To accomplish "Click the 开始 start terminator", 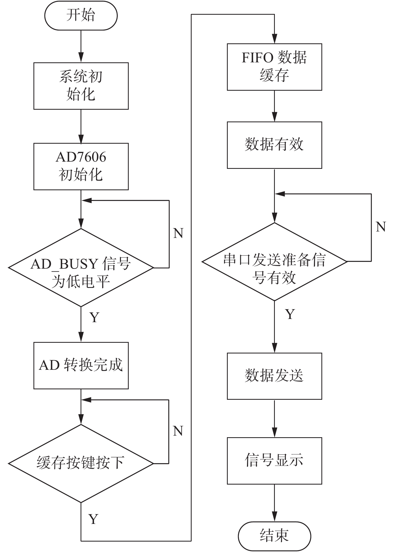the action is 81,16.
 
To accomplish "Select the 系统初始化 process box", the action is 81,86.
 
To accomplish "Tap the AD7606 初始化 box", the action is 81,166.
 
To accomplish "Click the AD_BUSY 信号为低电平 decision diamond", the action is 81,267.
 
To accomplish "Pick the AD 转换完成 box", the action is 81,366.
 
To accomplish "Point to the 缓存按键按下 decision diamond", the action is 81,463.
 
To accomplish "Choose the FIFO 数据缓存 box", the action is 274,67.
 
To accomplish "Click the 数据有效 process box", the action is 274,145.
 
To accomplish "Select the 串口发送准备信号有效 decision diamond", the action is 274,261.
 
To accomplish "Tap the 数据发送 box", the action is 274,376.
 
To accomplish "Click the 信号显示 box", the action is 274,461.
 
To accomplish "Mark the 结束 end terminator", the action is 274,536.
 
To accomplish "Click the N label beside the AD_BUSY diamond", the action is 178,233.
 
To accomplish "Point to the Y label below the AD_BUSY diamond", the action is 94,317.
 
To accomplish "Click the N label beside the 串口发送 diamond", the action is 381,227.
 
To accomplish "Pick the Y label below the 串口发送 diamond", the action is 290,314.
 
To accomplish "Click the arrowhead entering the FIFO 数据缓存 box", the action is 274,39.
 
